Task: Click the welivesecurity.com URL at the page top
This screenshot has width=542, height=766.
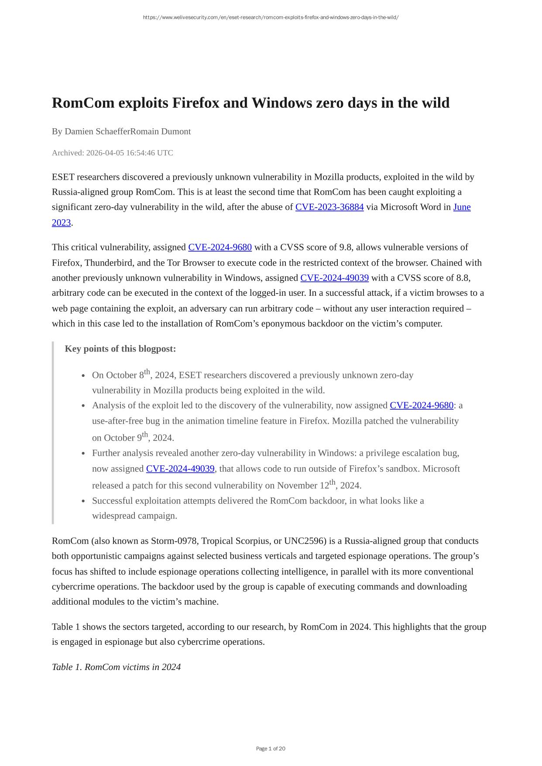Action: (x=271, y=17)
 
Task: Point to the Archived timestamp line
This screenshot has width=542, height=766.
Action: (x=112, y=153)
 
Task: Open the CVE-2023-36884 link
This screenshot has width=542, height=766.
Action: (x=329, y=207)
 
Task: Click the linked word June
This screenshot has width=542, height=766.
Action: (x=462, y=207)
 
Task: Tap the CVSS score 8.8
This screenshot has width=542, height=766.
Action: (x=462, y=278)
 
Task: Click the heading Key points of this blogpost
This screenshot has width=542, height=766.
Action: (x=120, y=349)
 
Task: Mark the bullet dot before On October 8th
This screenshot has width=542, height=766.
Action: (x=83, y=376)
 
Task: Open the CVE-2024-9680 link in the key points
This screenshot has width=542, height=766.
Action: (x=421, y=406)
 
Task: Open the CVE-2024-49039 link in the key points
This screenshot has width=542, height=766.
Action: (x=180, y=469)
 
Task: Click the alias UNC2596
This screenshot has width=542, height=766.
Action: (x=305, y=541)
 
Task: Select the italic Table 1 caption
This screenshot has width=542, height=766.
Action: (x=116, y=667)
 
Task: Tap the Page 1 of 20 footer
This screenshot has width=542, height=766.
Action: (x=271, y=749)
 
